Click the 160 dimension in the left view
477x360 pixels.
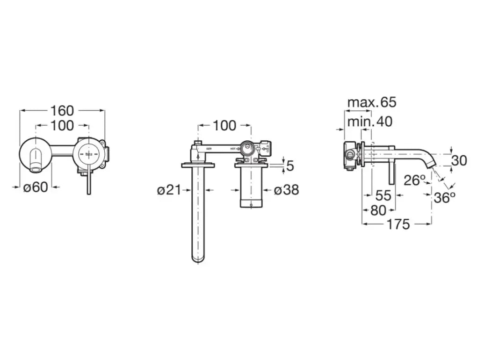(x=62, y=111)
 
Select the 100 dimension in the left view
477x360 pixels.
(x=62, y=125)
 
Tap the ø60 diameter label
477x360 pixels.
(x=36, y=187)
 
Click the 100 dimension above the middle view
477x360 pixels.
(x=224, y=125)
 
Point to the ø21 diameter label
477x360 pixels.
(x=169, y=190)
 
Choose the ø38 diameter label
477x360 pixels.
(x=286, y=190)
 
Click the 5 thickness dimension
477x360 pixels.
(x=290, y=166)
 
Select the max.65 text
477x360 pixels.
(x=371, y=102)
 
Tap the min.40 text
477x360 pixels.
(x=369, y=122)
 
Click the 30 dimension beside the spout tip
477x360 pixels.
(x=459, y=160)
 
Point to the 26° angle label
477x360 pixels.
(x=415, y=180)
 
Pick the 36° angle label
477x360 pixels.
(x=444, y=198)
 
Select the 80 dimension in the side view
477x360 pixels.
(x=378, y=210)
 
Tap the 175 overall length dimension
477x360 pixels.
(x=398, y=224)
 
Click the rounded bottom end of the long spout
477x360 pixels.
(x=198, y=258)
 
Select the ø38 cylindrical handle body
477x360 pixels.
(x=252, y=187)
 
